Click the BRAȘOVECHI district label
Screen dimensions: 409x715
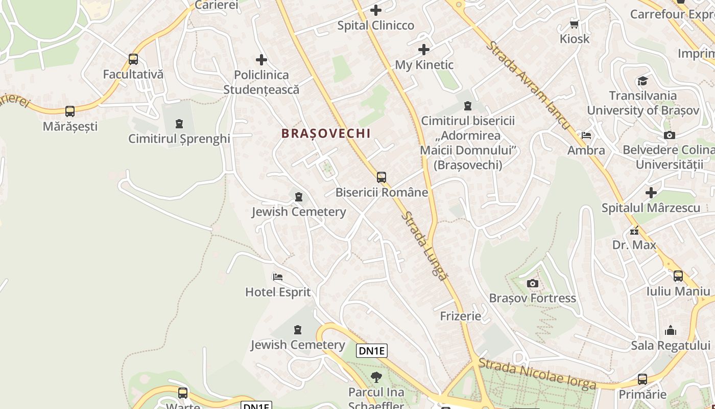pyautogui.click(x=326, y=133)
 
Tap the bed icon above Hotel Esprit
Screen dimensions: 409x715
pyautogui.click(x=278, y=277)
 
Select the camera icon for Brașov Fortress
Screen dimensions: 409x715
pyautogui.click(x=532, y=283)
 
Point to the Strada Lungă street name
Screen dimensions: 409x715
pyautogui.click(x=423, y=245)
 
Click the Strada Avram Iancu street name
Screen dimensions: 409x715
pyautogui.click(x=528, y=85)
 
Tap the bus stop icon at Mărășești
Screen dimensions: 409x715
pyautogui.click(x=70, y=111)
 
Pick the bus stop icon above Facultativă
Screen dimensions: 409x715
pyautogui.click(x=133, y=59)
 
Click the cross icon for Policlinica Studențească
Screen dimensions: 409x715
pyautogui.click(x=261, y=60)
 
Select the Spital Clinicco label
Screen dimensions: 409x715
pyautogui.click(x=376, y=26)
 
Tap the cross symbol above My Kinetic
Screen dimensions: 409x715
pyautogui.click(x=424, y=50)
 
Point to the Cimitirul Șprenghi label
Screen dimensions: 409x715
pyautogui.click(x=179, y=139)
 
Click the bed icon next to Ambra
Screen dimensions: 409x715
pyautogui.click(x=586, y=135)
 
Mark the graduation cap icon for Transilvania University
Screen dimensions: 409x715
pyautogui.click(x=642, y=81)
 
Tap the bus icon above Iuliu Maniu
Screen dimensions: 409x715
pyautogui.click(x=678, y=276)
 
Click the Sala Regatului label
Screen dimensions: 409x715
pyautogui.click(x=671, y=345)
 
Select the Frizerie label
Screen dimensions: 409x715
pyautogui.click(x=461, y=316)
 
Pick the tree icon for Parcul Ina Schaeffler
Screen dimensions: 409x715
pyautogui.click(x=376, y=377)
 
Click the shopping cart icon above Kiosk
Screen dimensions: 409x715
pyautogui.click(x=574, y=24)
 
